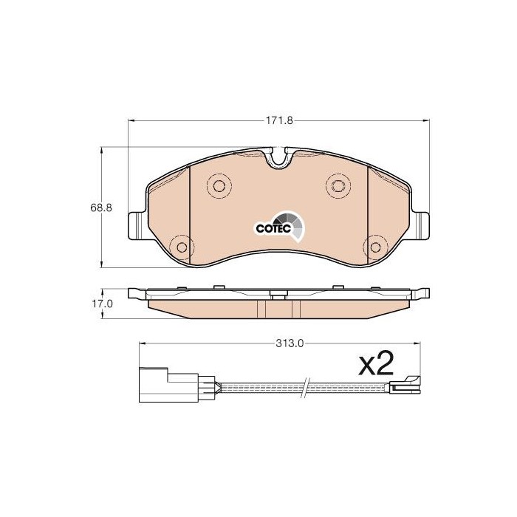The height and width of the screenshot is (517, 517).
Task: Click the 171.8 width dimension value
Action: tap(279, 120)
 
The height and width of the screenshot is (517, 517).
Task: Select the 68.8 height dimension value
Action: tap(101, 208)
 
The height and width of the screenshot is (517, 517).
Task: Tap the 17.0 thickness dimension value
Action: tap(102, 304)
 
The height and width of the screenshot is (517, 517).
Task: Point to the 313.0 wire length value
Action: tap(290, 343)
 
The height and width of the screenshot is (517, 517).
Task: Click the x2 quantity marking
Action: tap(376, 363)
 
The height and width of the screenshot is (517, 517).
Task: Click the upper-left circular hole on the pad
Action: tap(219, 186)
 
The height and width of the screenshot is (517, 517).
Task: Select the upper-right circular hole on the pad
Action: tap(338, 186)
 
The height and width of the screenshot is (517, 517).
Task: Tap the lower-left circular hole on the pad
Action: tap(182, 247)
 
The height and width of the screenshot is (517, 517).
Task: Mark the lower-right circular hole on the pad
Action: tap(375, 247)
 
